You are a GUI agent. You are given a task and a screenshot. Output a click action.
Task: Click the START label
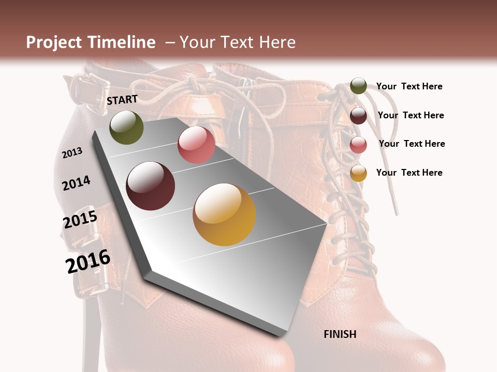(x=122, y=100)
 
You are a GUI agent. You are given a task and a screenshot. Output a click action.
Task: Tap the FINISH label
(x=340, y=334)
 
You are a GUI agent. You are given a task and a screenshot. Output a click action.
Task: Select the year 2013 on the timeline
(x=72, y=152)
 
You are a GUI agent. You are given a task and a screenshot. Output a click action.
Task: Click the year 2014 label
(x=77, y=183)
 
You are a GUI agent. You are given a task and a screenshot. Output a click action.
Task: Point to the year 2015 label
(x=80, y=219)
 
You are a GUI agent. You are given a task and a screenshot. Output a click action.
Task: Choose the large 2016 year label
(x=88, y=261)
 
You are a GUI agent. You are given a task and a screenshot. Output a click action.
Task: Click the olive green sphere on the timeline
(x=126, y=127)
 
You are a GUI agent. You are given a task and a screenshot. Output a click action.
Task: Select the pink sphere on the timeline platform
(x=196, y=145)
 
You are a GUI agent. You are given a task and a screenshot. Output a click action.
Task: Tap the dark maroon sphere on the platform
(x=151, y=186)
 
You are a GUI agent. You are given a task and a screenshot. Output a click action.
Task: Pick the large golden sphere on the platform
(x=224, y=214)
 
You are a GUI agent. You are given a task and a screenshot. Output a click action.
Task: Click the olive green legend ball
(x=358, y=86)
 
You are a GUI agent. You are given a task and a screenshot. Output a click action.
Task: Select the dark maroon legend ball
(x=358, y=116)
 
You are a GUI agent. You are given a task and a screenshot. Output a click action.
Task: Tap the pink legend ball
(x=358, y=145)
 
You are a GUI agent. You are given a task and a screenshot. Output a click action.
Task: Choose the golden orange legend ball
(x=358, y=173)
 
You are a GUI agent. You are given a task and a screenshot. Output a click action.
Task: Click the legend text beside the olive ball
(x=409, y=86)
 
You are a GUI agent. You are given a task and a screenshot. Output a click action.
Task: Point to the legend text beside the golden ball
(x=409, y=173)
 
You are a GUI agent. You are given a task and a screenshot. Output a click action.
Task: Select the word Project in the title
(x=54, y=42)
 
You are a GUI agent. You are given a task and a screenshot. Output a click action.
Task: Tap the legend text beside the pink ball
(x=412, y=144)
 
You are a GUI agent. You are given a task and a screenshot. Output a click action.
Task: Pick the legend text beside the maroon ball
(x=411, y=115)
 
